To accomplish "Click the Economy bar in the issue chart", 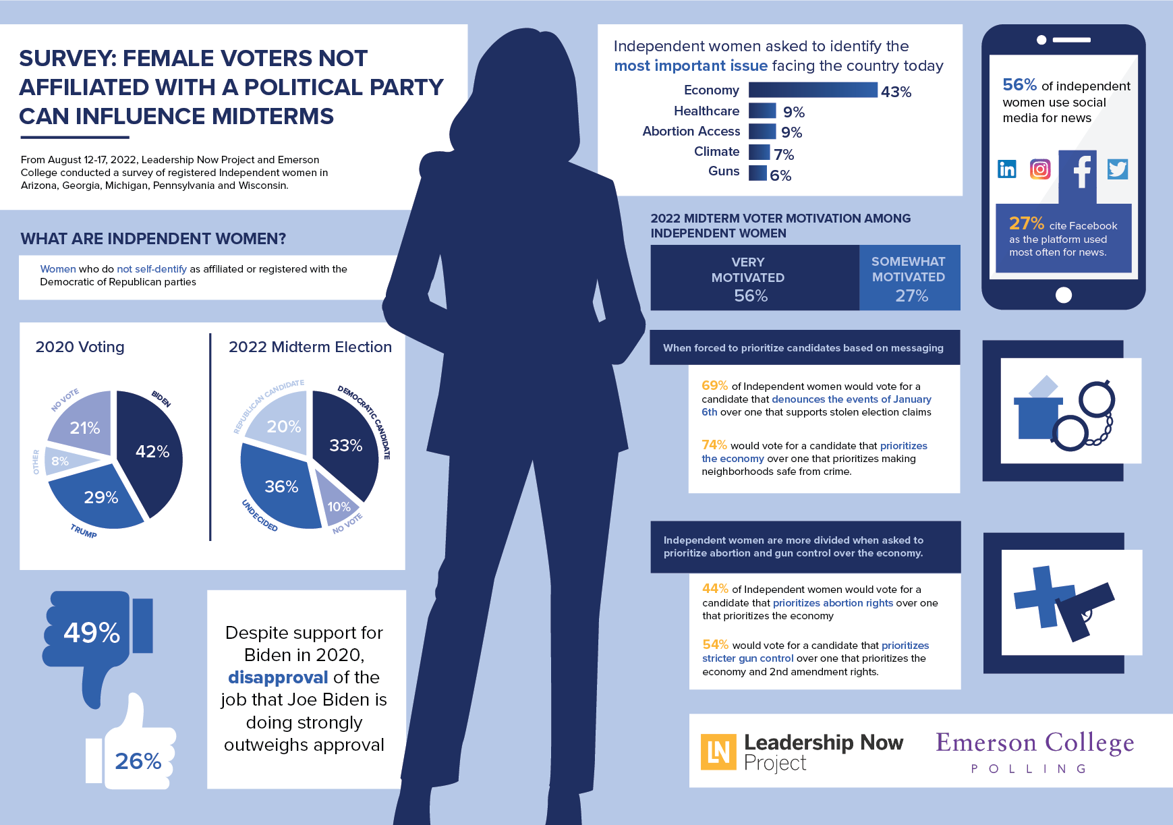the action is [x=813, y=90].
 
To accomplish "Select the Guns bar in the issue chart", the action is [x=757, y=173].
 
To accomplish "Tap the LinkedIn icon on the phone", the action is [x=1007, y=169].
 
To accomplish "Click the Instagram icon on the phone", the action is [x=1040, y=169].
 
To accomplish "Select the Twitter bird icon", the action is [x=1117, y=169].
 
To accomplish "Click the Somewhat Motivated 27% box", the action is [x=909, y=278].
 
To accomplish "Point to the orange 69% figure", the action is [x=714, y=385].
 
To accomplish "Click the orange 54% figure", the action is [x=715, y=644].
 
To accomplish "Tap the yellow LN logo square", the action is [x=718, y=751].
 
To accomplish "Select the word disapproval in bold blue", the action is [x=278, y=677].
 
